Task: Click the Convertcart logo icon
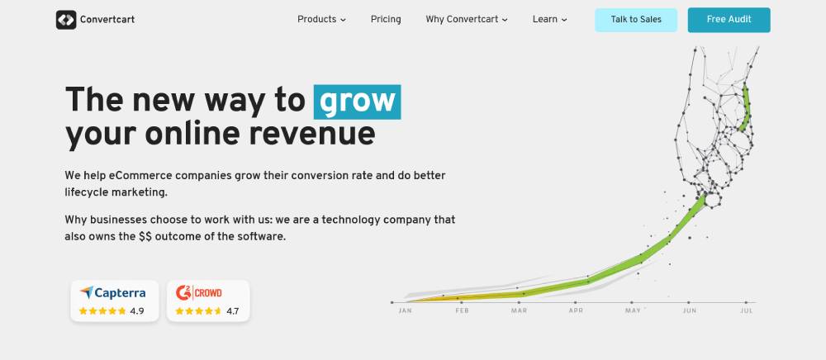(x=66, y=20)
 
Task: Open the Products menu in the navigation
(x=321, y=20)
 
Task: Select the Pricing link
(x=386, y=20)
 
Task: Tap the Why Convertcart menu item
(x=466, y=20)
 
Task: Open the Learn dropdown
(x=549, y=20)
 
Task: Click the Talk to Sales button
(x=636, y=20)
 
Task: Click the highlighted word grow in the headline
(x=357, y=102)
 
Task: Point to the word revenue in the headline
(x=312, y=135)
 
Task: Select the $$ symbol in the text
(x=145, y=236)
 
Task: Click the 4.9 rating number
(x=137, y=311)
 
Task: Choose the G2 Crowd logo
(x=198, y=292)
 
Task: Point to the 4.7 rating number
(x=233, y=311)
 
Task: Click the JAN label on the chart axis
(x=405, y=310)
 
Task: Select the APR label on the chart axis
(x=576, y=310)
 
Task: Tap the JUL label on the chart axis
(x=746, y=310)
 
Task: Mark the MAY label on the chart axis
(x=633, y=310)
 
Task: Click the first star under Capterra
(x=83, y=311)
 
